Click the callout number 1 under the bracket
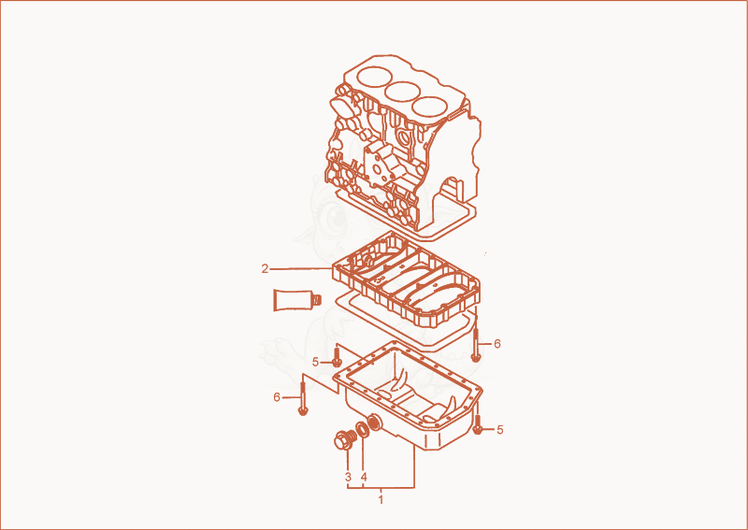381,499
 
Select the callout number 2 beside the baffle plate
265,269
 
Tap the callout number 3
348,477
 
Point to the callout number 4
364,477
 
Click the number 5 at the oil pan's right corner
499,430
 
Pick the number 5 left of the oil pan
315,362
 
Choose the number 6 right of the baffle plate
497,343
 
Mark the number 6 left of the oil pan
277,397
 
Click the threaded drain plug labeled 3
345,439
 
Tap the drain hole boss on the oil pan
374,423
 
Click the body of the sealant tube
292,300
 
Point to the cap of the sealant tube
316,300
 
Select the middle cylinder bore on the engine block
403,92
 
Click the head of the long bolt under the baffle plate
475,357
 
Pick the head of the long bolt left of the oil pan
302,410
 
